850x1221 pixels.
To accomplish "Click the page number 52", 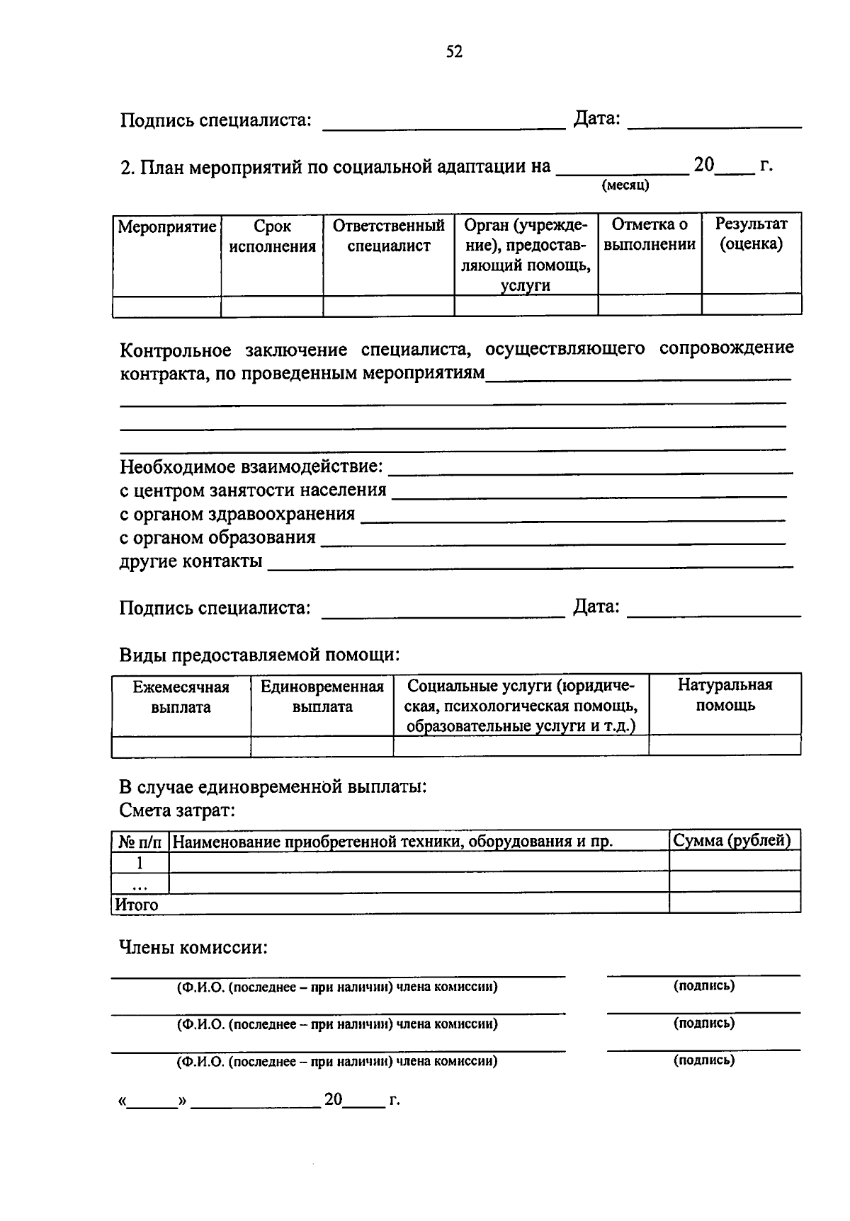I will click(x=454, y=52).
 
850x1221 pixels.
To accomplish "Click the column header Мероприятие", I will click(x=166, y=227).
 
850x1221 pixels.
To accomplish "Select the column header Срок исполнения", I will click(x=272, y=236).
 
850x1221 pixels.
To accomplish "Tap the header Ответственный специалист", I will click(x=389, y=236).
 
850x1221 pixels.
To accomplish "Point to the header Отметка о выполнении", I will click(x=650, y=234).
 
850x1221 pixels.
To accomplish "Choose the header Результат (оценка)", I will click(x=751, y=234).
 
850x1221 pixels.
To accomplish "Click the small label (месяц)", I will click(x=625, y=186).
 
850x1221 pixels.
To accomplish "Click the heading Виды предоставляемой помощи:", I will click(x=259, y=655).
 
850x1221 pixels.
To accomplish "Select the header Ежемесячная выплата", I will click(x=181, y=697).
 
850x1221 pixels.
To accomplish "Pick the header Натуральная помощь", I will click(x=725, y=694).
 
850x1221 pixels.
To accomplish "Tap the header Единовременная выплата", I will click(x=322, y=697).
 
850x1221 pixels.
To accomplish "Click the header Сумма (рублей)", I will click(x=732, y=840).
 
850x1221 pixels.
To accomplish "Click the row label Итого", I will click(x=137, y=905).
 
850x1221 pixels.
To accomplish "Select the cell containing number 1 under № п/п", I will click(x=140, y=862).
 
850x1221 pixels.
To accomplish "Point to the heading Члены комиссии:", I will click(x=193, y=947).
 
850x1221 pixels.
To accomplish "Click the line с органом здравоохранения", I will click(x=237, y=514).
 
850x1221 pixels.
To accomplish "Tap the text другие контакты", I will click(x=191, y=561).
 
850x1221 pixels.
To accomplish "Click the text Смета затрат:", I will click(x=177, y=810).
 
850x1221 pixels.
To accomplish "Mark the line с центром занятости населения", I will click(x=253, y=490).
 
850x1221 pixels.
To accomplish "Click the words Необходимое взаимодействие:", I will click(x=251, y=466).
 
